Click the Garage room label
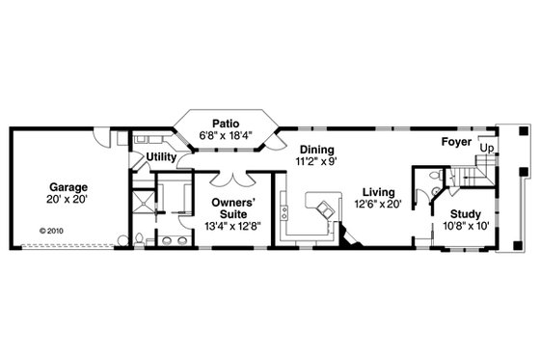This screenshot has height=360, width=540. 68,186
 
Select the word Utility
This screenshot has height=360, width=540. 161,156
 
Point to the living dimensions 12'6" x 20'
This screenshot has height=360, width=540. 377,204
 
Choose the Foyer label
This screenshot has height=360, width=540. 456,141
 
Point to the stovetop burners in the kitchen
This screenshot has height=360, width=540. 284,209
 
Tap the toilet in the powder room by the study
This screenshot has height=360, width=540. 434,178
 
